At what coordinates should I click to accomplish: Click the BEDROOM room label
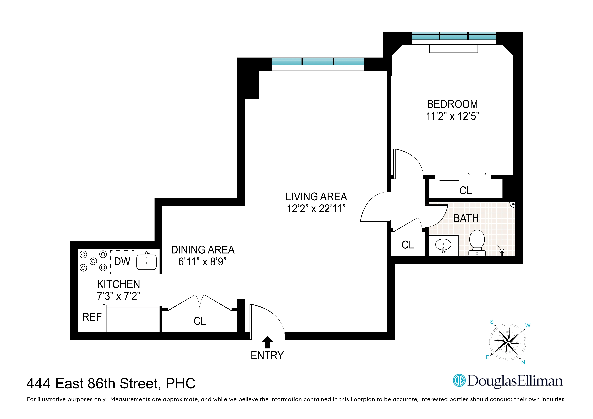(452, 104)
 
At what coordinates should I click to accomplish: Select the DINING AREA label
(203, 250)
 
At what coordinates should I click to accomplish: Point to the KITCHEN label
(119, 284)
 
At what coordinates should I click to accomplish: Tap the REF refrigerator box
(92, 317)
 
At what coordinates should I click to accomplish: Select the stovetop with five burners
(93, 261)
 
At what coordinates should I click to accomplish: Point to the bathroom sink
(443, 245)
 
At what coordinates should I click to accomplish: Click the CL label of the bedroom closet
(465, 190)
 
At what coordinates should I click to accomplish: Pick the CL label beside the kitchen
(200, 321)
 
